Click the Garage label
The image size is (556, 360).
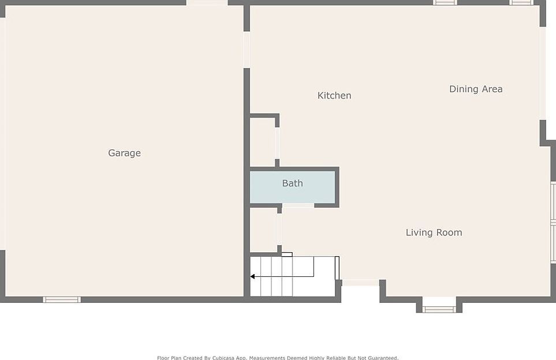[x=124, y=153]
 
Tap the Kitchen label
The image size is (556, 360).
[x=334, y=95]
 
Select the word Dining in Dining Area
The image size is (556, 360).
[x=463, y=89]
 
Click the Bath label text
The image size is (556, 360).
[x=292, y=183]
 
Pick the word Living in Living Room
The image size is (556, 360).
[x=419, y=232]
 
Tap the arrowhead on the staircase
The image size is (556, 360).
[x=252, y=276]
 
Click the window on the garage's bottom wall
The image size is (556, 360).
[x=62, y=299]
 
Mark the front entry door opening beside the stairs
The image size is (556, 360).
[x=360, y=283]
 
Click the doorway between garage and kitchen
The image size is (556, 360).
[x=247, y=50]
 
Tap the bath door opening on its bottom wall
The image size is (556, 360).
[x=298, y=205]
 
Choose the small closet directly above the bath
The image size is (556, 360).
[x=263, y=142]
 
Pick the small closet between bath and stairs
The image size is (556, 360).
[x=263, y=230]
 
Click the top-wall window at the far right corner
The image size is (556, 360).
[x=521, y=3]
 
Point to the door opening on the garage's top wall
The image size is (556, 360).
[x=207, y=3]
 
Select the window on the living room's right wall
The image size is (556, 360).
[x=553, y=222]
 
